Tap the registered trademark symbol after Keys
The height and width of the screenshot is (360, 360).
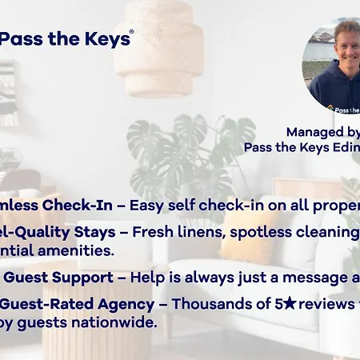132,33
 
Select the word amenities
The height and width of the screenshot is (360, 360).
78,250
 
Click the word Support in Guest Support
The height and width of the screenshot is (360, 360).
84,277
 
